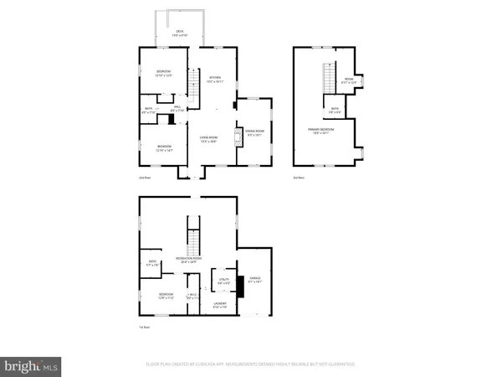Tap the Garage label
(255, 281)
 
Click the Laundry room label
(219, 305)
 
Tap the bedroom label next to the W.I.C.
(165, 296)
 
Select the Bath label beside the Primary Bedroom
(334, 110)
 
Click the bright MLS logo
(32, 364)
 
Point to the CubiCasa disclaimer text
(250, 364)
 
